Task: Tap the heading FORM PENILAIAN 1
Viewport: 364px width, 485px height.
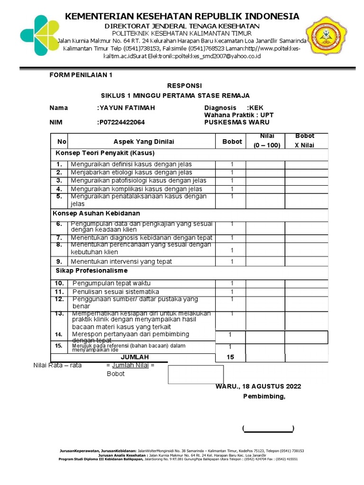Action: (x=82, y=75)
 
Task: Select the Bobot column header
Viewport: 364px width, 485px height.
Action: (x=232, y=141)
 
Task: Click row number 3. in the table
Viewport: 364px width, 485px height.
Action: (x=59, y=180)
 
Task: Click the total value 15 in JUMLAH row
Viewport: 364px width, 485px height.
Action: (x=230, y=357)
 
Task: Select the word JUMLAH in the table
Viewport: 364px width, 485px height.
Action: (x=135, y=357)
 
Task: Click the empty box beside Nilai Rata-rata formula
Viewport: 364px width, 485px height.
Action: (x=195, y=374)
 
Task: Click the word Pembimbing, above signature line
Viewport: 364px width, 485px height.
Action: (x=264, y=396)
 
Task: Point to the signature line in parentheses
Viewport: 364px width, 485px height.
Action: (x=268, y=429)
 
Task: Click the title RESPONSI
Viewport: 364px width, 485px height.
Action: (x=184, y=85)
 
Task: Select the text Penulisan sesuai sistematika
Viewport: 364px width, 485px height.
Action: (x=116, y=291)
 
